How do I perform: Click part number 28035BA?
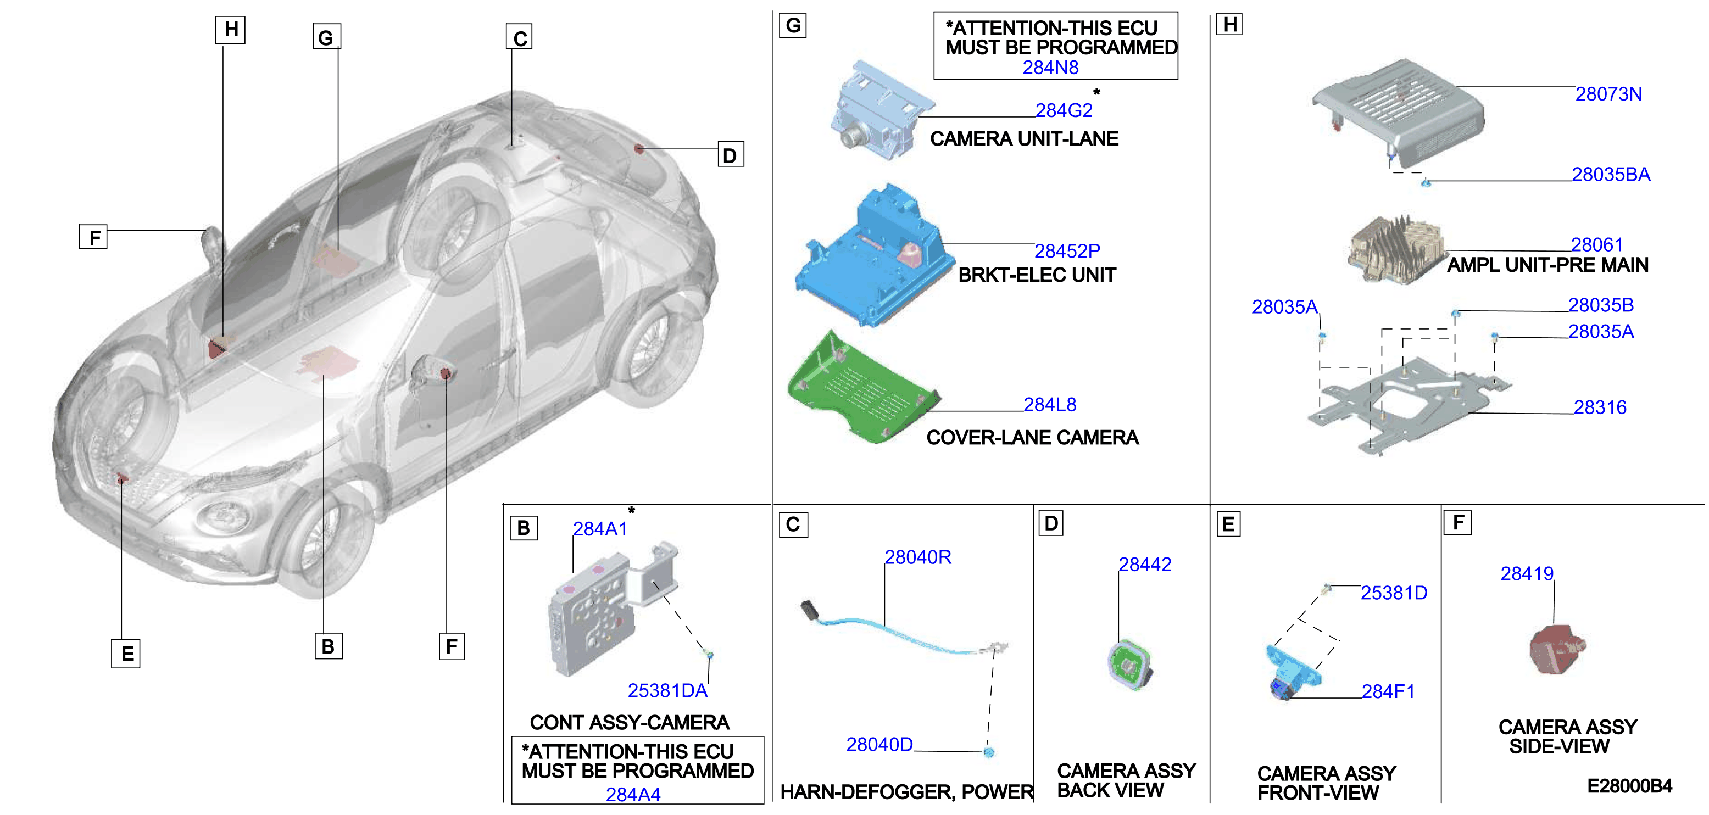tap(1610, 175)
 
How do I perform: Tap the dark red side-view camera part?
tap(1556, 649)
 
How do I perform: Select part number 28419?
tap(1527, 573)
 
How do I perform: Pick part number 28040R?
tap(917, 557)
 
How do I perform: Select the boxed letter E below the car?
tap(126, 654)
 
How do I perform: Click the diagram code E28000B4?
tap(1629, 786)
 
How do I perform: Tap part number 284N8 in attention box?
tap(1050, 68)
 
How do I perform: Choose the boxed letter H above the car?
tap(230, 30)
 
